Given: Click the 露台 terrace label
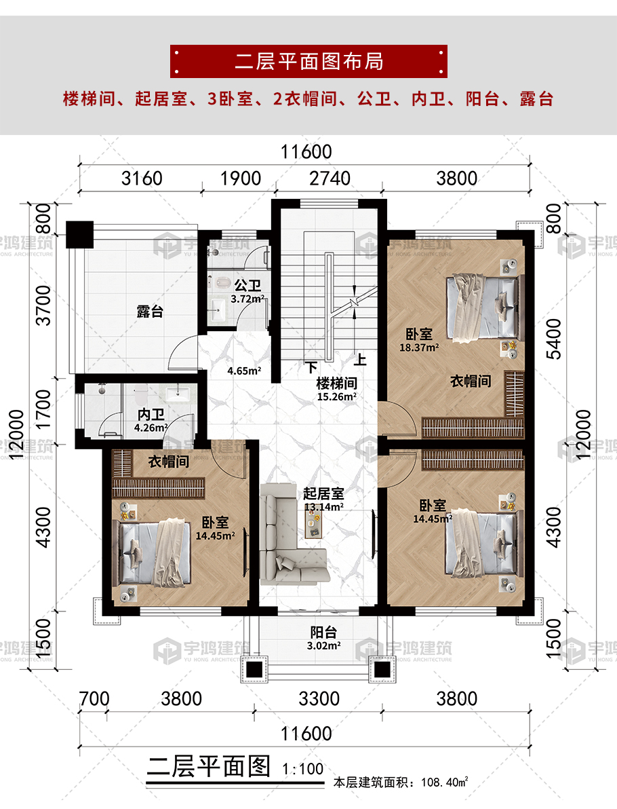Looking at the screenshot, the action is pos(150,312).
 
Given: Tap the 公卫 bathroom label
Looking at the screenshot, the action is pos(247,285).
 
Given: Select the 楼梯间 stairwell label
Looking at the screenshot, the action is pos(336,383).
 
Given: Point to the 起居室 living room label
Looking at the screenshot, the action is pos(323,494).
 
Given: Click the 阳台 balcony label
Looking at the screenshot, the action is pos(323,632).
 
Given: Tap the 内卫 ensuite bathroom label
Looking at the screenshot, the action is pos(151,414).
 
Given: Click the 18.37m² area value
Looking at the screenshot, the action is pos(419,347).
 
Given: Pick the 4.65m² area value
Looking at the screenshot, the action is pos(244,371).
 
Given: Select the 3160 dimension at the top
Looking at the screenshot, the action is pos(142,178).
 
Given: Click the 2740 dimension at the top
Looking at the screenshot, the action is pos(330,178).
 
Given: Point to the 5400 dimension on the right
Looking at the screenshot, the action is pos(553,339).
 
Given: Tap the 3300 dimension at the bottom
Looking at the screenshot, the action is pos(319,698).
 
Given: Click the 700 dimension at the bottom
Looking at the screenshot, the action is pos(94,698).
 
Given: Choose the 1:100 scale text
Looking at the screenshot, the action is pos(303,769).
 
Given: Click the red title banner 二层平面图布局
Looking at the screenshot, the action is pos(308,61).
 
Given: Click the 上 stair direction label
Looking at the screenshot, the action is pos(360,359).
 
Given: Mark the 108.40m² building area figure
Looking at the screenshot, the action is pos(444,783).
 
